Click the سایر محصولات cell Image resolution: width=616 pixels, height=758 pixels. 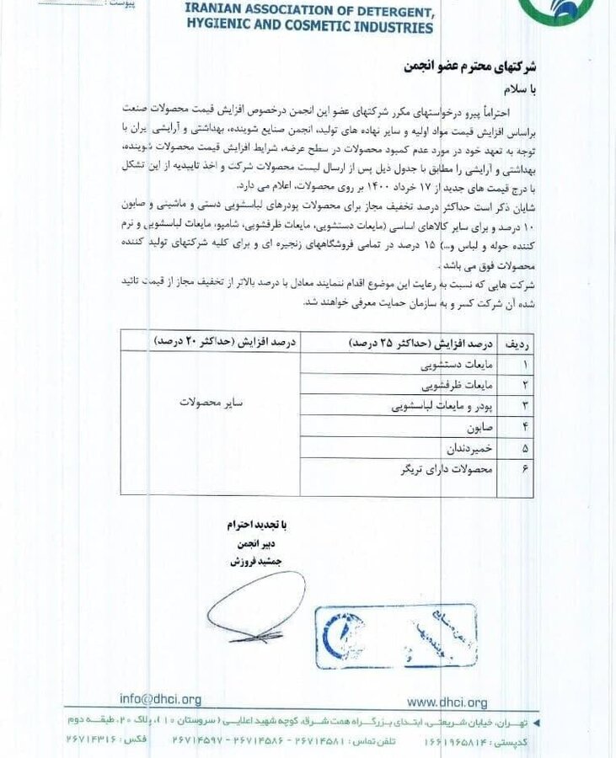pyautogui.click(x=211, y=403)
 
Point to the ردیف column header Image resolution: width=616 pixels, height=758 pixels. pyautogui.click(x=517, y=344)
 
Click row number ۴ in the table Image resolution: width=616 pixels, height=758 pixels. pyautogui.click(x=525, y=427)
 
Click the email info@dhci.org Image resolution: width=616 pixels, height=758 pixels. pyautogui.click(x=160, y=698)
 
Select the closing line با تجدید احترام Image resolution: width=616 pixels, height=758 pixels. pyautogui.click(x=256, y=524)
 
